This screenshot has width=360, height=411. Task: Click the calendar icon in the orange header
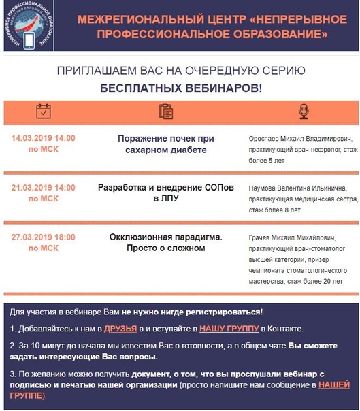point(44,112)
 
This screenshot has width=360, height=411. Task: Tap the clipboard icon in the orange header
point(165,112)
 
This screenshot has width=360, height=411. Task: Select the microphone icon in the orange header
point(303,112)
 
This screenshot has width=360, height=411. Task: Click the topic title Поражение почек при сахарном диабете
point(165,144)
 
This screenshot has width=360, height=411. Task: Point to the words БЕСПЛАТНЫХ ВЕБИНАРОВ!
point(180,88)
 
